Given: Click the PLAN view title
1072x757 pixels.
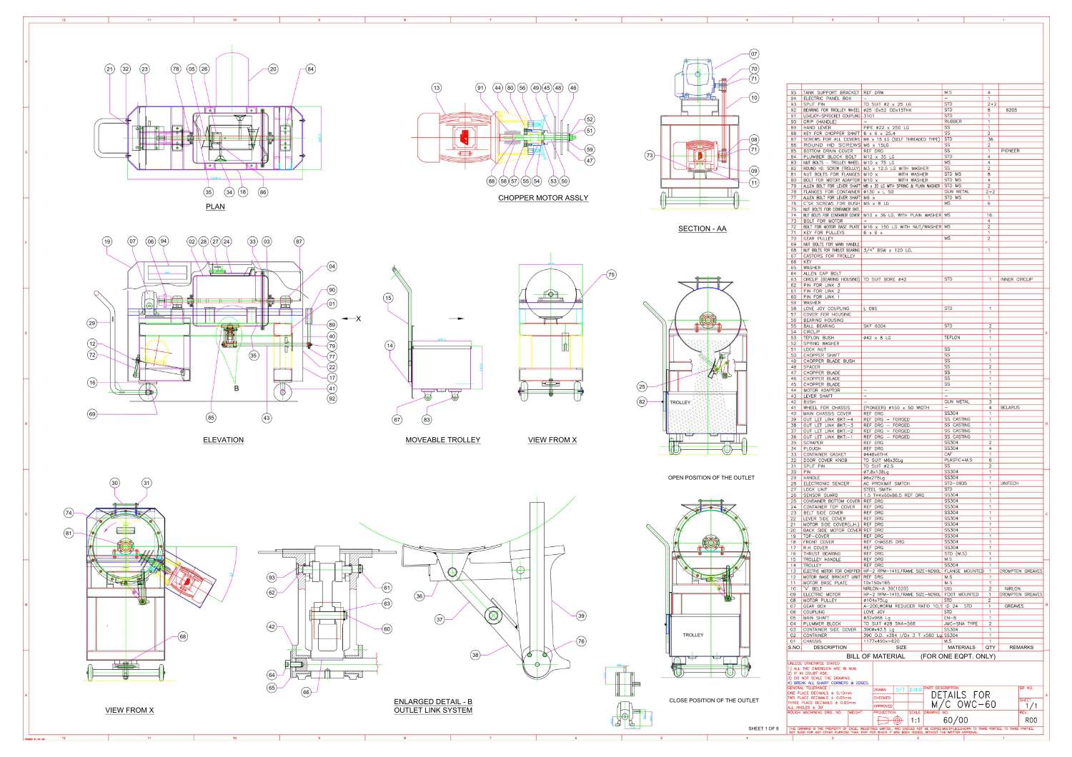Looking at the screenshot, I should pos(215,207).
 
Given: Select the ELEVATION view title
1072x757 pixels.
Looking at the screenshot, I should pos(223,440).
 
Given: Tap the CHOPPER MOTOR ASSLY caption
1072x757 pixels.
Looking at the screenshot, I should pos(543,198).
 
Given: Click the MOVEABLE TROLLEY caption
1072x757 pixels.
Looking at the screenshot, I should pos(442,440).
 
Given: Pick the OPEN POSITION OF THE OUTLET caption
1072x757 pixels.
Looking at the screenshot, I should pos(711,478).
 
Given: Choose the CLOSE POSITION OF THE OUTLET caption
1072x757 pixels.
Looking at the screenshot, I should pos(714,701).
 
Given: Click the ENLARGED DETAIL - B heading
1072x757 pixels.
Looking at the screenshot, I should pos(433,702).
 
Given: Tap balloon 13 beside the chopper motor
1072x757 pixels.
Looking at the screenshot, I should pos(437,88).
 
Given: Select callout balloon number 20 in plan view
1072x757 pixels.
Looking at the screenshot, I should pos(273,69).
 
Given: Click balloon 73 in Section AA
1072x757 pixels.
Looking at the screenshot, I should pos(650,155).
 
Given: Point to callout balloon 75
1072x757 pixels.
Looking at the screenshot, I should pos(611,274).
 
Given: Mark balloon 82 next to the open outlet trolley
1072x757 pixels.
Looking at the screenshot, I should pos(642,402).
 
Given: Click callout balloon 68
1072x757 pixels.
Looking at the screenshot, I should pos(183,636).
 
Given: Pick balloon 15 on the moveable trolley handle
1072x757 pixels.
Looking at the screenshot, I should pos(388,298).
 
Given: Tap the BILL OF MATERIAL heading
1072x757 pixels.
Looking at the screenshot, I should pos(875,656).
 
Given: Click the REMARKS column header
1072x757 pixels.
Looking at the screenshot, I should pos(1021,648).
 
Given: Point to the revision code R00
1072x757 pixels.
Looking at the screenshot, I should pos(1029,721).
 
